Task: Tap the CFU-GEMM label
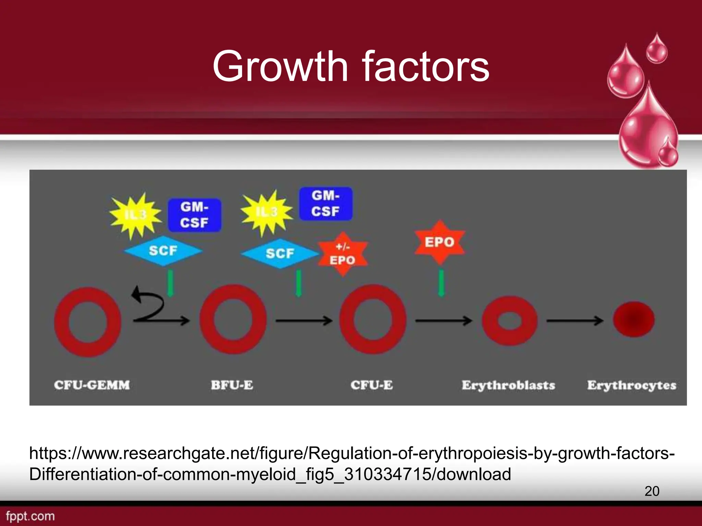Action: (x=92, y=385)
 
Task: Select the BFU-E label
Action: (x=232, y=385)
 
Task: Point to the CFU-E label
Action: (x=372, y=385)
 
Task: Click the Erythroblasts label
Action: (x=508, y=385)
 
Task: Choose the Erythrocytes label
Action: (x=632, y=385)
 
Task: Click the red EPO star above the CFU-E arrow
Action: (x=440, y=242)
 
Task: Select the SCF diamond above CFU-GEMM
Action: (x=163, y=251)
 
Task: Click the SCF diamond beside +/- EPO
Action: (x=280, y=253)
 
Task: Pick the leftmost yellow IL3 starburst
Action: (x=135, y=215)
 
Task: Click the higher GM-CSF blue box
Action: (x=326, y=203)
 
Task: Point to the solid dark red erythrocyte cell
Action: (x=634, y=319)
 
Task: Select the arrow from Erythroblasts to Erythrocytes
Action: (x=574, y=321)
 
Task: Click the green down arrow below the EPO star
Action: (x=441, y=283)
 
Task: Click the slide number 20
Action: (x=652, y=491)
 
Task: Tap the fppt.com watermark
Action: (x=30, y=516)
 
